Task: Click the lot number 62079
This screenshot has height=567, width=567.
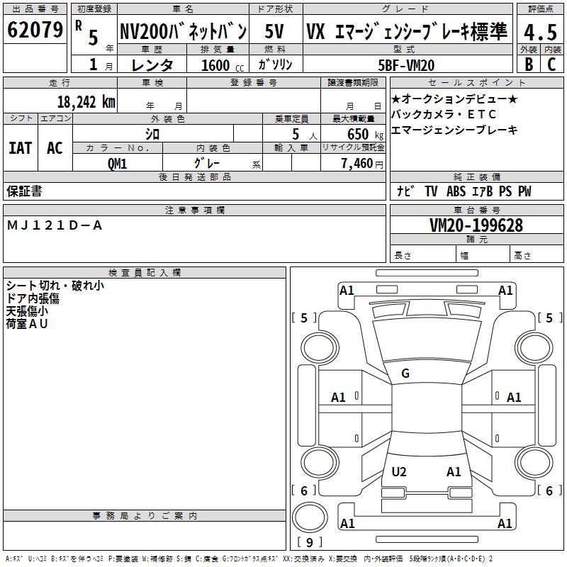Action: tap(34, 30)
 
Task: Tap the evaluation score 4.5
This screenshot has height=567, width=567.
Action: tap(539, 32)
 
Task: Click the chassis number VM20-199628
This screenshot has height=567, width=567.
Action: tap(476, 225)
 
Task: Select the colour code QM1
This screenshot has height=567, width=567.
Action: tap(117, 162)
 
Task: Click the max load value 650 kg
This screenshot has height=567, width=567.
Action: tap(358, 134)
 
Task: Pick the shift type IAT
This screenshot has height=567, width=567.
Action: tap(20, 148)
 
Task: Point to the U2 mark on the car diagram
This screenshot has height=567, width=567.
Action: tap(399, 471)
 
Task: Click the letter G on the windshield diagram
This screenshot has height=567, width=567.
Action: tap(405, 374)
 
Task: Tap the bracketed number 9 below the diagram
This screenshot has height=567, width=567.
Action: tap(308, 542)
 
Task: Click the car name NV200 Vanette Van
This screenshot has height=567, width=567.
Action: tap(183, 31)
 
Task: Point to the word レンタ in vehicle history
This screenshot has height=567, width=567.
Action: tap(153, 65)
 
